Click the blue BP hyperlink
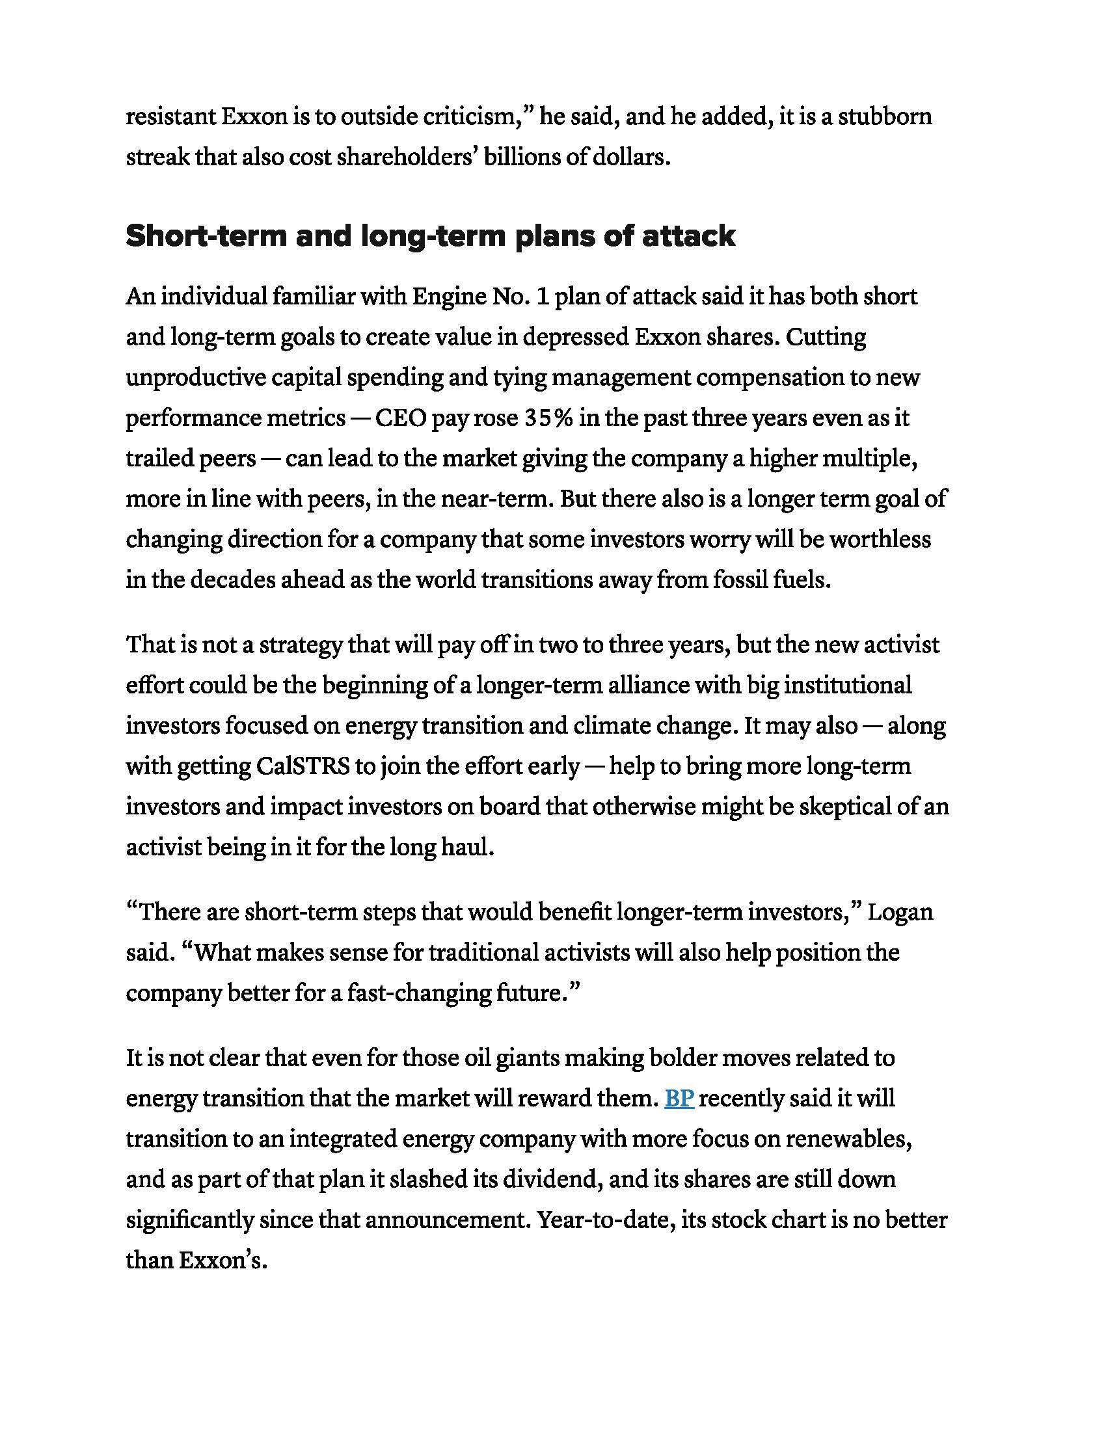(x=679, y=1098)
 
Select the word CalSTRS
(x=303, y=766)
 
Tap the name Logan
(x=900, y=912)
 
